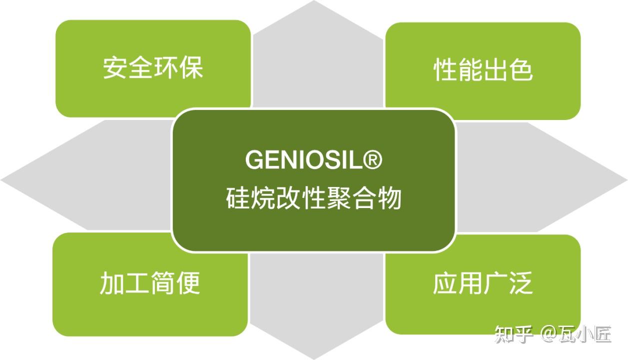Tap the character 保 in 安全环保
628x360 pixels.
[x=191, y=67]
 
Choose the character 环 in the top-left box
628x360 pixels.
[x=166, y=67]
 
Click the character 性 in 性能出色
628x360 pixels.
[x=445, y=70]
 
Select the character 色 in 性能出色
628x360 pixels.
[x=521, y=70]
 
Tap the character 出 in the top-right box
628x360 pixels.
[x=496, y=70]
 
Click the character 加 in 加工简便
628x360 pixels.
[x=112, y=282]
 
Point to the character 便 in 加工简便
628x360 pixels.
[x=188, y=282]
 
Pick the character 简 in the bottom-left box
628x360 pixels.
[x=162, y=282]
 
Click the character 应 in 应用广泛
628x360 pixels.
[x=445, y=283]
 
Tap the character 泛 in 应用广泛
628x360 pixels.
[x=521, y=283]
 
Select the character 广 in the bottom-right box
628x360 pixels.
[x=496, y=283]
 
